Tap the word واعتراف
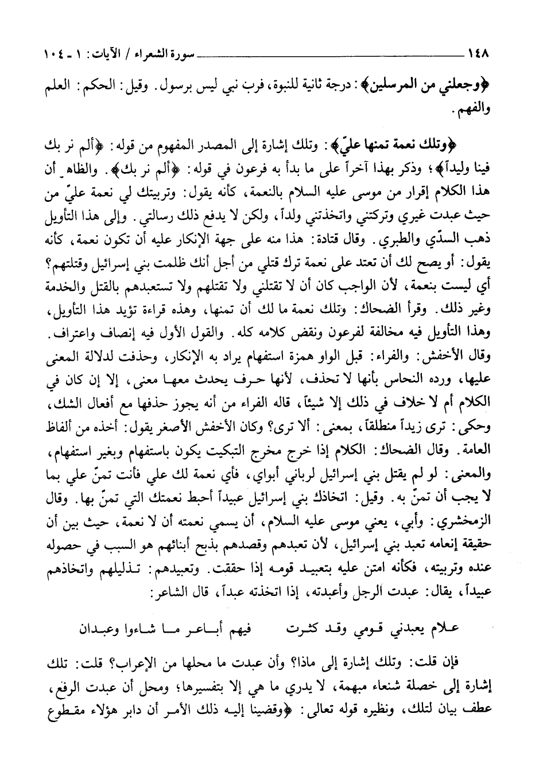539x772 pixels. [74, 333]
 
